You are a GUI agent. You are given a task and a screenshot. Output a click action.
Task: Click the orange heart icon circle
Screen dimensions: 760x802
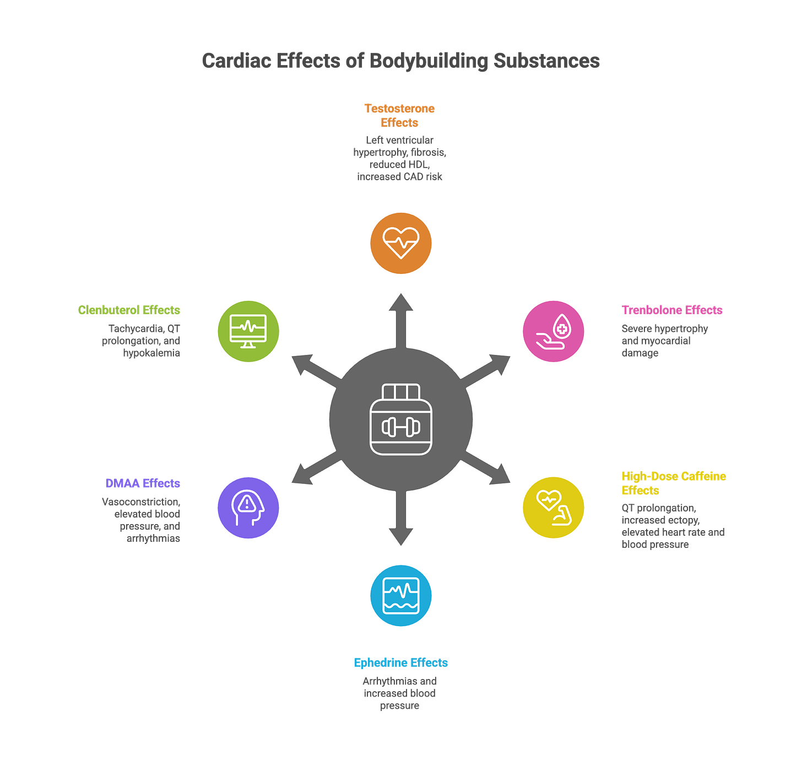coord(401,243)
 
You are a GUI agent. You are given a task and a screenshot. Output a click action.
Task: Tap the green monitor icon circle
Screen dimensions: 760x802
coord(248,331)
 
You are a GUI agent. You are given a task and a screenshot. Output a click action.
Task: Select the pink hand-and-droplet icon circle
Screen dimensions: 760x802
coord(554,331)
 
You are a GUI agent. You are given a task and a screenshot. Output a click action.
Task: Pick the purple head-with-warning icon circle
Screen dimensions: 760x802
coord(248,508)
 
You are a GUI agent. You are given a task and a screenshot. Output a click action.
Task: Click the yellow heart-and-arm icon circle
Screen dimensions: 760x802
coord(554,508)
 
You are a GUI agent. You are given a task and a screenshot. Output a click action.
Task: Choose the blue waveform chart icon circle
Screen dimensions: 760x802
coord(401,595)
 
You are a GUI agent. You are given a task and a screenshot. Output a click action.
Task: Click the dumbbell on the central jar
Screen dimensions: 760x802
coord(401,427)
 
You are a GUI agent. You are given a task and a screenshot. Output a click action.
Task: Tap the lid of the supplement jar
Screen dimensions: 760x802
coord(401,392)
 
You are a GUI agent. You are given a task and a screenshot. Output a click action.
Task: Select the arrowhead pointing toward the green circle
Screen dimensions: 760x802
coord(301,363)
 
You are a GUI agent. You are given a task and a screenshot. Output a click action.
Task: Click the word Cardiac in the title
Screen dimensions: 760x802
coord(235,60)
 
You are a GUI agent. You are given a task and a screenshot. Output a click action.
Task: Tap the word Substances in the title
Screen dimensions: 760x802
coord(546,60)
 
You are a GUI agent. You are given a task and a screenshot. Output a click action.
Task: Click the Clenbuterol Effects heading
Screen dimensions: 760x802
coord(129,310)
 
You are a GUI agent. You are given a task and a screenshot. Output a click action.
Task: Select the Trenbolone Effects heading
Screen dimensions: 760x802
coord(672,310)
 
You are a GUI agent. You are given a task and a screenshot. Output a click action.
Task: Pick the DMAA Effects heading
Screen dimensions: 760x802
coord(143,483)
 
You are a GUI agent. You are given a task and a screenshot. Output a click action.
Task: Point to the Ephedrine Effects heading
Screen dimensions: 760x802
coord(401,662)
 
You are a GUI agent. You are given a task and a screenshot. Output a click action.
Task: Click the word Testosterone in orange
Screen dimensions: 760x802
coord(399,109)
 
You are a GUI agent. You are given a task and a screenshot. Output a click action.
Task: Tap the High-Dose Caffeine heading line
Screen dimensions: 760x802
coord(674,476)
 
